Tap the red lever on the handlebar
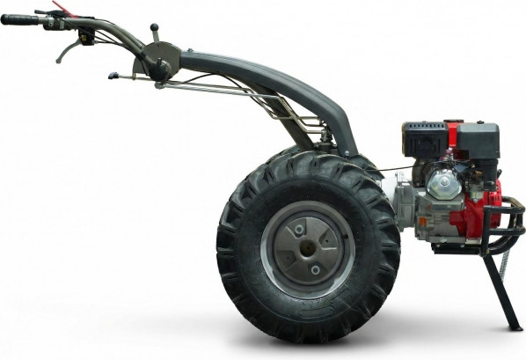(x=62, y=8)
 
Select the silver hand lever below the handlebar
(x=67, y=52)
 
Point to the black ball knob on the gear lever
(x=154, y=28)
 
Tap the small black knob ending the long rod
(x=113, y=76)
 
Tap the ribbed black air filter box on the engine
(x=425, y=139)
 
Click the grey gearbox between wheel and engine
(x=405, y=207)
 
